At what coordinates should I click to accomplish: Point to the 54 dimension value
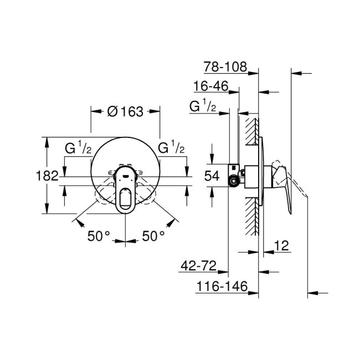213,177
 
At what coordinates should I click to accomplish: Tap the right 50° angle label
153,236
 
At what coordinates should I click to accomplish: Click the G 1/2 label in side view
203,106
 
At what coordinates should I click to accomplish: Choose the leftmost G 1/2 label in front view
78,148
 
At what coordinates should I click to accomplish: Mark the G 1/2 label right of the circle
171,148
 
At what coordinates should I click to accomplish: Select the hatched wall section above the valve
251,133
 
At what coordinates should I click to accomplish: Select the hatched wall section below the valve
251,222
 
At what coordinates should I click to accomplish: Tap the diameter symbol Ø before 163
111,111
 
